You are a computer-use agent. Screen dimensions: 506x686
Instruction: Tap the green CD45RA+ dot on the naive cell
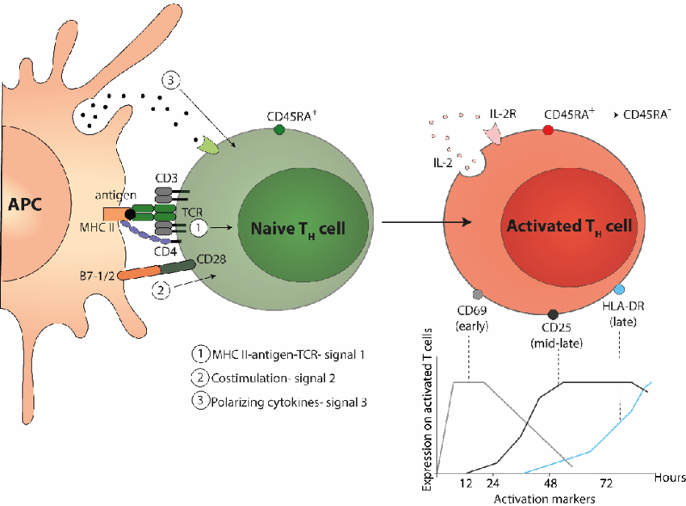coord(279,129)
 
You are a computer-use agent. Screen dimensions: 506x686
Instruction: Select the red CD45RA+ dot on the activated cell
coord(548,129)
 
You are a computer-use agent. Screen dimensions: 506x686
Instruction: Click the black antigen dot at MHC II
coord(131,214)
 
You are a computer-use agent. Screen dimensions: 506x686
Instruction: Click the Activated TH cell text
coord(566,226)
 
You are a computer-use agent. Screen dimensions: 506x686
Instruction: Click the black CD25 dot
coord(553,314)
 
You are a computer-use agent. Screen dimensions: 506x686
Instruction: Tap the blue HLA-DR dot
coord(619,289)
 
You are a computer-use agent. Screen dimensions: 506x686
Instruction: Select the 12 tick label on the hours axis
coord(466,483)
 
